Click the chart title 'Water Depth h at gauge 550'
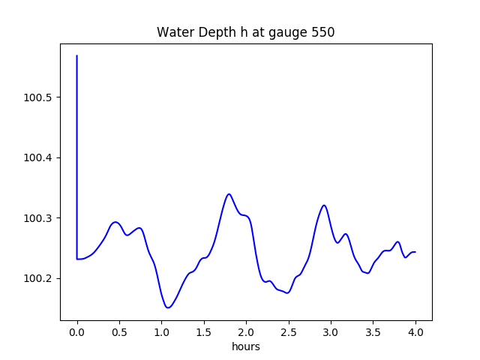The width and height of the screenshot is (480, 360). pyautogui.click(x=245, y=32)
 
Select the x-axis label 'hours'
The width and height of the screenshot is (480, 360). pyautogui.click(x=246, y=347)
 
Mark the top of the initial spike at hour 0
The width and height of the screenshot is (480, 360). pyautogui.click(x=77, y=55)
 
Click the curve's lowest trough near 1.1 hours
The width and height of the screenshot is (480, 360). pyautogui.click(x=168, y=307)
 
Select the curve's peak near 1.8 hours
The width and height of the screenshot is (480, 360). pyautogui.click(x=229, y=194)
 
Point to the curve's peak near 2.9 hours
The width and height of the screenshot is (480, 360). pyautogui.click(x=324, y=205)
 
